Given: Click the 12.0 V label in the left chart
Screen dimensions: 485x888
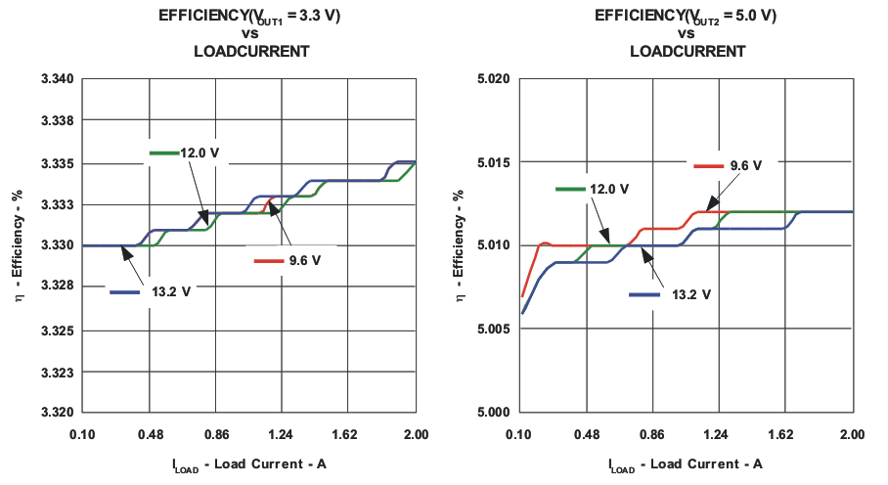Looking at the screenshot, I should [200, 154].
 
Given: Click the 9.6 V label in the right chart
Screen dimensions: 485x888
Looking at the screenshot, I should [745, 166].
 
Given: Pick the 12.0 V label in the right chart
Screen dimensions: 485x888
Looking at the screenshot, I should [608, 189].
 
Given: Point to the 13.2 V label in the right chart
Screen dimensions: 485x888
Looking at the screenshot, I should [690, 294].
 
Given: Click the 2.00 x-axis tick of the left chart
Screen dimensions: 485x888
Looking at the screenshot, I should [416, 432].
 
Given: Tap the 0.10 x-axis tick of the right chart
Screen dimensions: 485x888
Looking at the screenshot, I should [519, 432].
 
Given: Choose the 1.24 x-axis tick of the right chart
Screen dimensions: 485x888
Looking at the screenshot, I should [718, 432].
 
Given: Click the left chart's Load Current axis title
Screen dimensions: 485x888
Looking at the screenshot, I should [248, 463].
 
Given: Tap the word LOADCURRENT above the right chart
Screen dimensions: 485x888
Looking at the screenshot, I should [687, 51].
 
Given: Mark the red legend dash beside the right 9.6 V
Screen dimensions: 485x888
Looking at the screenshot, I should [709, 166].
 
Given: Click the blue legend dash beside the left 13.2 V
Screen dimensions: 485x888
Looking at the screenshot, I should [127, 292].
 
